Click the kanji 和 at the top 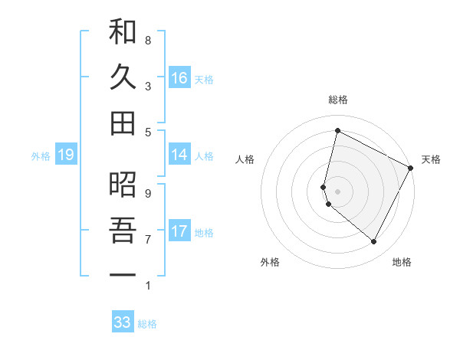coord(123,33)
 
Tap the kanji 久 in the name coord(123,77)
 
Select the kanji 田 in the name coord(123,123)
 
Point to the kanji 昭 coord(123,185)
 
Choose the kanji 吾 coord(123,229)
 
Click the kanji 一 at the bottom coord(123,273)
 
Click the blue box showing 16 coord(179,78)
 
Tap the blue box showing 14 coord(179,155)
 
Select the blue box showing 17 coord(179,231)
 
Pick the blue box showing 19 coord(65,155)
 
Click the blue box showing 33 coord(123,322)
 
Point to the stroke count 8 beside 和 coord(148,40)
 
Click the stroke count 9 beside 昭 coord(148,193)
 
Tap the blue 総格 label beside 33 coord(147,324)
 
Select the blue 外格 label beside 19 coord(41,156)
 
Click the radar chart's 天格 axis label coord(431,159)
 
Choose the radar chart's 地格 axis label coord(402,262)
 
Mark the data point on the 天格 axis coord(411,168)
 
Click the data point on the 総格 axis coord(337,131)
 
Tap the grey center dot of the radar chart coord(337,191)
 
